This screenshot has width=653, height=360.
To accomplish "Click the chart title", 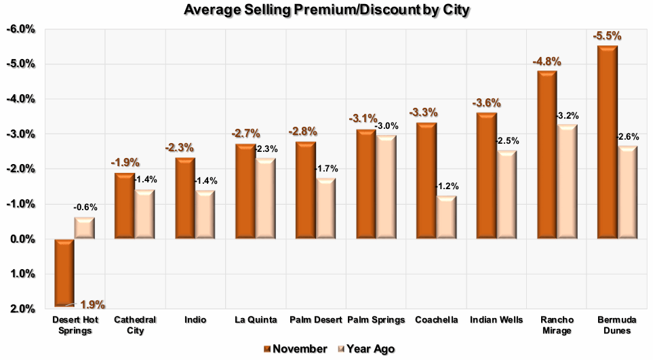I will [326, 9].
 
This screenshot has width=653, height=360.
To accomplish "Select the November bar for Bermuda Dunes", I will [607, 142].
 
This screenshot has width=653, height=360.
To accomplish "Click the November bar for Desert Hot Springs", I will [64, 272].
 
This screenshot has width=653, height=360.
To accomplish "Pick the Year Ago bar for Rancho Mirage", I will [567, 181].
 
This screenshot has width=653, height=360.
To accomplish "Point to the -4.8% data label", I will [547, 61].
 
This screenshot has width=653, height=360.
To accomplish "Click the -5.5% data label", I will [607, 36].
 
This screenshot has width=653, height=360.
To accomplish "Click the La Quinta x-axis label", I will [254, 319].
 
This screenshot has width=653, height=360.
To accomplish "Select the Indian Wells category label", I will [495, 319].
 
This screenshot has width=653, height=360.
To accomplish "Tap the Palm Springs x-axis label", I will [375, 319].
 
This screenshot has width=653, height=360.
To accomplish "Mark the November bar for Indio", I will [185, 197].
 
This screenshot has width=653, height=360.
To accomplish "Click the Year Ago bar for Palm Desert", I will [325, 208].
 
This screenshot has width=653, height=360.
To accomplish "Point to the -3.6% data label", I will [486, 103].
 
